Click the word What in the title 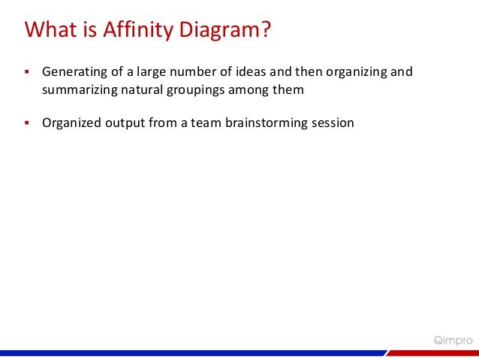49,31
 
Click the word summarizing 79,91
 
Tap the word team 200,123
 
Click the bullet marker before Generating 26,74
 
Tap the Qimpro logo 453,340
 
